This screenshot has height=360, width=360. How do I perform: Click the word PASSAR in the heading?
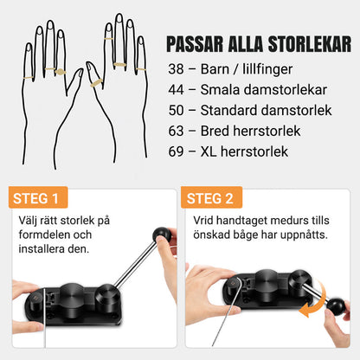tap(195, 44)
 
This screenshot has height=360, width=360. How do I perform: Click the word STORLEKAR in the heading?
tap(310, 44)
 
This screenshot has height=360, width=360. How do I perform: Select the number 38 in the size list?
tap(176, 69)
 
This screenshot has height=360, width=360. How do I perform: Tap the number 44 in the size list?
tap(176, 90)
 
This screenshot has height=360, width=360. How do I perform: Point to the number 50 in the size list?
tap(176, 111)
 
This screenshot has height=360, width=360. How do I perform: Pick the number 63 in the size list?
tap(176, 131)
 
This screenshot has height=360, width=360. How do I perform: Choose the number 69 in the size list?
tap(176, 151)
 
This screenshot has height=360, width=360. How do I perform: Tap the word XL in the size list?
tap(209, 151)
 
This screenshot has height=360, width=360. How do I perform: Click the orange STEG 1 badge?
tap(38, 197)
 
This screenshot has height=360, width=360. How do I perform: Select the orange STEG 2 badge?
tap(211, 197)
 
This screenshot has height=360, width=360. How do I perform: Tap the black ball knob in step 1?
tap(162, 235)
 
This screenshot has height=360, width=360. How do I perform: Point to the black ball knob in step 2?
tap(336, 307)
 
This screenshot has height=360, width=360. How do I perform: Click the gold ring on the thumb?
tap(96, 83)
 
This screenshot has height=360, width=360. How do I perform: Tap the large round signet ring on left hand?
tap(61, 72)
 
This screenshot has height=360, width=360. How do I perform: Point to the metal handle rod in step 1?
tap(136, 263)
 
